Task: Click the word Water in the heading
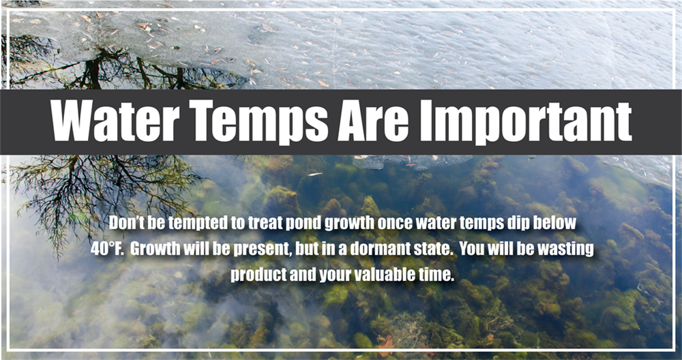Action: [115, 121]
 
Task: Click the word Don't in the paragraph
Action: [125, 224]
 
